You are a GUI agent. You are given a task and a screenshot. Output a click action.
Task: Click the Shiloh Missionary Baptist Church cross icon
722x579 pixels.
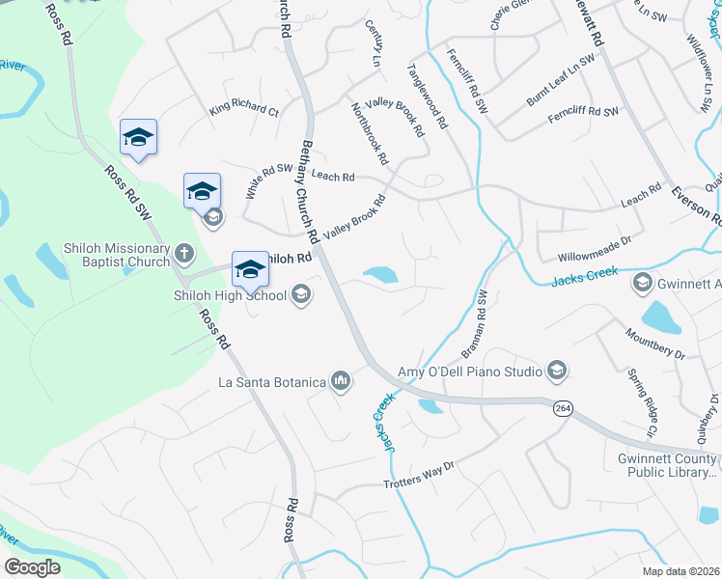pyautogui.click(x=183, y=255)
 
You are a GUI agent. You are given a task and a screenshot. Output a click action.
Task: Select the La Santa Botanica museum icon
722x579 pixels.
pyautogui.click(x=340, y=383)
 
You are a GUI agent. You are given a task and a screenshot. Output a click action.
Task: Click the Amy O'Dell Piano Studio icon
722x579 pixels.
pyautogui.click(x=556, y=371)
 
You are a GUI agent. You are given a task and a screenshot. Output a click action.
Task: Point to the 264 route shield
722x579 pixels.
pyautogui.click(x=562, y=409)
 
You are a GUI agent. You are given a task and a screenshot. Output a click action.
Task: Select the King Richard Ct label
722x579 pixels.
pyautogui.click(x=244, y=109)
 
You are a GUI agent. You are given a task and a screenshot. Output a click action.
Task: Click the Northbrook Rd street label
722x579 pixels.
pyautogui.click(x=369, y=132)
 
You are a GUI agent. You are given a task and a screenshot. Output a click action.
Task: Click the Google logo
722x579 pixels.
pyautogui.click(x=33, y=566)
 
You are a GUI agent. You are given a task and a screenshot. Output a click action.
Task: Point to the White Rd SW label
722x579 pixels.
pyautogui.click(x=268, y=180)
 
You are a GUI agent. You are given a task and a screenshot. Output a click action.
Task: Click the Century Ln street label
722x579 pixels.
pyautogui.click(x=374, y=44)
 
